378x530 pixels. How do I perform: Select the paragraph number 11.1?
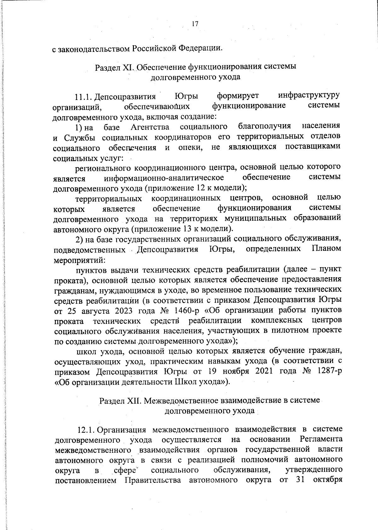(84, 96)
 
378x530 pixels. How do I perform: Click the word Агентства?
(150, 127)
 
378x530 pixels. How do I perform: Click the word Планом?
(326, 249)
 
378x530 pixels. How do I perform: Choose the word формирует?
(238, 95)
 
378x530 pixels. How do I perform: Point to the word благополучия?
(264, 126)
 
